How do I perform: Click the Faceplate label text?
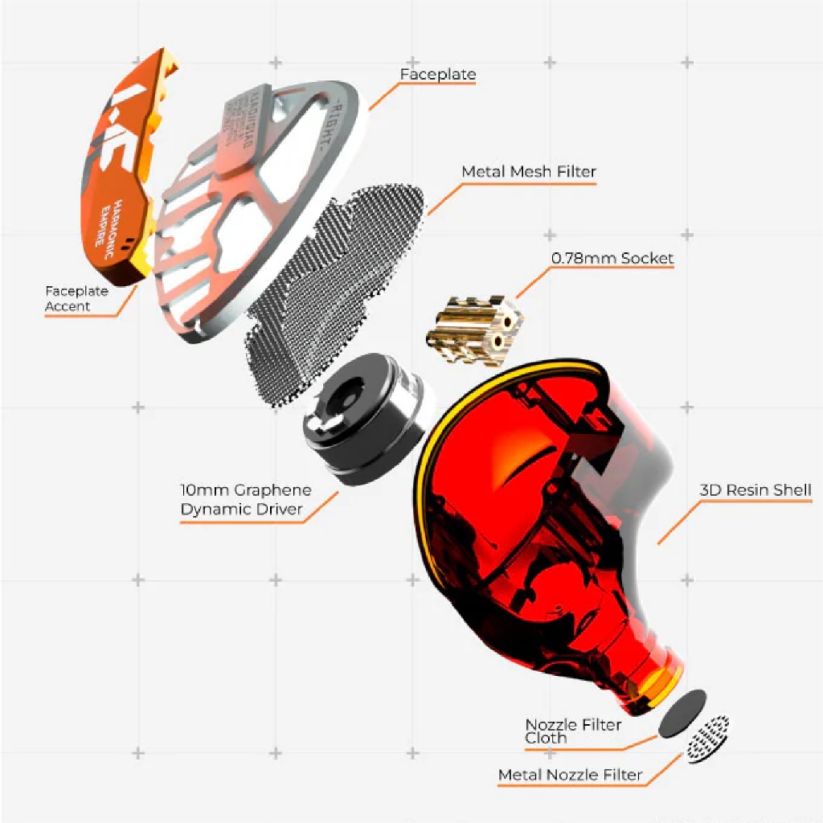(x=438, y=75)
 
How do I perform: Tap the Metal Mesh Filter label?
(x=529, y=172)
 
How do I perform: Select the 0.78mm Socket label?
(x=612, y=259)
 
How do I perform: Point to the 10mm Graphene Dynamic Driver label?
(x=246, y=500)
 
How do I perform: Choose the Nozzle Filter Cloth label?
(x=573, y=731)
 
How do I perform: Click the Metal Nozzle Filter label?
(x=570, y=775)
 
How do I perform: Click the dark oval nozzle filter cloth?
(x=682, y=713)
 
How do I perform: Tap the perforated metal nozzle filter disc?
(x=708, y=738)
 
